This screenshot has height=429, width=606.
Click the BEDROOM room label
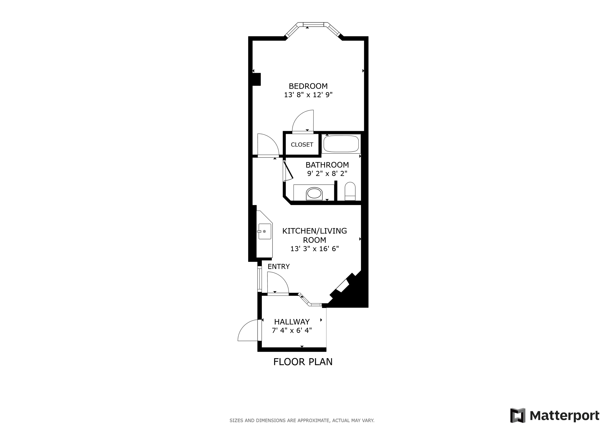click(x=308, y=86)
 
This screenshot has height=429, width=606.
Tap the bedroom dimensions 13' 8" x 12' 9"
click(x=308, y=95)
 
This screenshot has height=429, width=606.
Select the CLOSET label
click(x=302, y=145)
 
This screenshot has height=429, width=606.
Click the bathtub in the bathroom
click(x=341, y=144)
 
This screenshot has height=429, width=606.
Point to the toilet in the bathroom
click(x=350, y=191)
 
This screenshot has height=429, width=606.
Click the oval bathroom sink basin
click(x=314, y=194)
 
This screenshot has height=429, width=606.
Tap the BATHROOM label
click(x=327, y=165)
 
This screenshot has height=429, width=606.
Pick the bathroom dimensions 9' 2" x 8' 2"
click(x=327, y=173)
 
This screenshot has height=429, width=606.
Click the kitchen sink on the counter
click(x=264, y=231)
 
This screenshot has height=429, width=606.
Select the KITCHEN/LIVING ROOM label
click(x=315, y=235)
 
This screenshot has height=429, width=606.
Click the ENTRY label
click(x=279, y=266)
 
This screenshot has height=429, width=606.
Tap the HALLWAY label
click(x=292, y=322)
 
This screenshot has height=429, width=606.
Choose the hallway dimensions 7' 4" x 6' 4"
click(x=292, y=330)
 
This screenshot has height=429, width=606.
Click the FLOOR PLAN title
click(x=303, y=362)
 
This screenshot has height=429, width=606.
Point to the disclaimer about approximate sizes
click(x=302, y=421)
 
